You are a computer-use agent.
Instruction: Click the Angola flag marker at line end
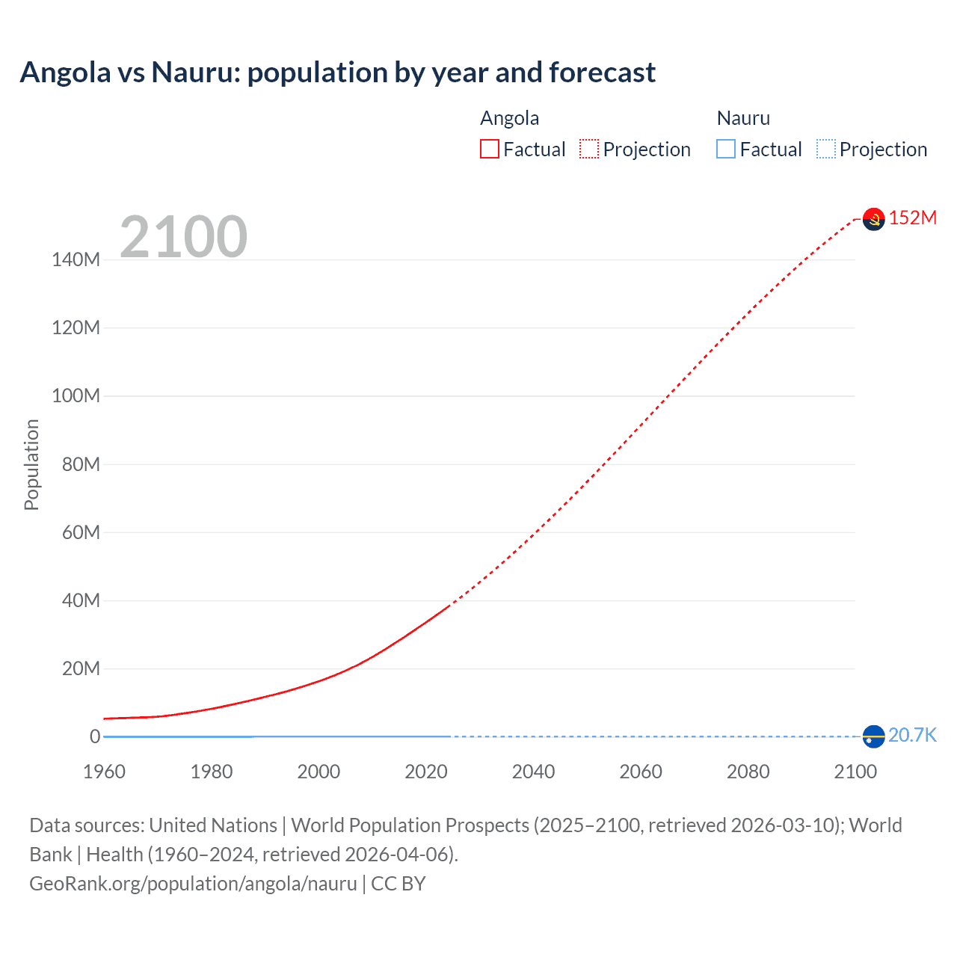pyautogui.click(x=873, y=218)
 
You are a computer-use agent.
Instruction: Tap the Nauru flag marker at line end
pyautogui.click(x=873, y=736)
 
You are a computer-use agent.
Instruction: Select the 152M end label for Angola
pyautogui.click(x=912, y=218)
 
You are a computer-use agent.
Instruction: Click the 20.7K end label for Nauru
pyautogui.click(x=912, y=735)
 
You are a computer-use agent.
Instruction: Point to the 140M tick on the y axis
pyautogui.click(x=76, y=259)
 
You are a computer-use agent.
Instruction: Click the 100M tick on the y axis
pyautogui.click(x=76, y=396)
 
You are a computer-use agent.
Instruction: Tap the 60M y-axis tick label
pyautogui.click(x=80, y=532)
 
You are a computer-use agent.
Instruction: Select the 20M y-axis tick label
pyautogui.click(x=80, y=668)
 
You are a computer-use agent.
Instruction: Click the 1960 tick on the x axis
pyautogui.click(x=104, y=772)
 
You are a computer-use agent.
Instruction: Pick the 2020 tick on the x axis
pyautogui.click(x=426, y=772)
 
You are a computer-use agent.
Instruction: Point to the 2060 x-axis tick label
pyautogui.click(x=641, y=772)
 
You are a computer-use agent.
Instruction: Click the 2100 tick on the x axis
pyautogui.click(x=855, y=772)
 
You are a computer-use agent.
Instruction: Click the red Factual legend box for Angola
pyautogui.click(x=489, y=149)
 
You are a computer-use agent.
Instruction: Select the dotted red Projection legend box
pyautogui.click(x=589, y=149)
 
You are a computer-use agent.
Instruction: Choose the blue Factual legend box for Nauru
pyautogui.click(x=726, y=149)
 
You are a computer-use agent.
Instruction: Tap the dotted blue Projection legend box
pyautogui.click(x=825, y=149)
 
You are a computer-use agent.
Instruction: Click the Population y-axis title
pyautogui.click(x=31, y=464)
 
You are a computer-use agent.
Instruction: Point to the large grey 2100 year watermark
pyautogui.click(x=183, y=237)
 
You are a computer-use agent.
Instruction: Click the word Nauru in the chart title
pyautogui.click(x=195, y=73)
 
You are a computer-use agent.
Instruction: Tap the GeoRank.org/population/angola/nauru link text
pyautogui.click(x=193, y=884)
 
